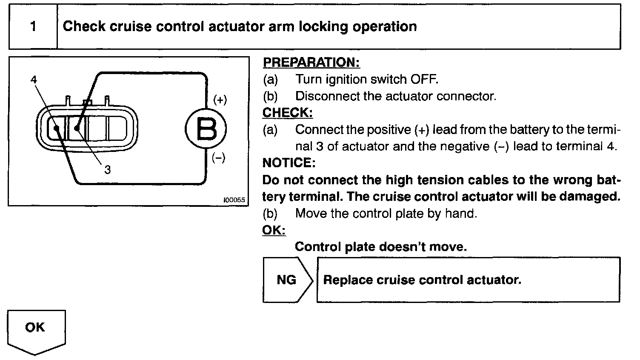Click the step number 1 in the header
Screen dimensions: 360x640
pos(33,27)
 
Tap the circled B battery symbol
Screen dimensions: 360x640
pos(206,129)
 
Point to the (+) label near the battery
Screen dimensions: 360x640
pos(220,100)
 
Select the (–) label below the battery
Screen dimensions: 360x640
pos(218,158)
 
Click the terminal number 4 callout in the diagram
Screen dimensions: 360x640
pos(34,80)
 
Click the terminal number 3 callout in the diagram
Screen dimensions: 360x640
pos(108,170)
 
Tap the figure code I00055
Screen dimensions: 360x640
pos(234,200)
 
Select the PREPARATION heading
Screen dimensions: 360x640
pos(311,63)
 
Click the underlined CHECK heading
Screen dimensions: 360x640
pos(288,113)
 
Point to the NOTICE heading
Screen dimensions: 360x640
pos(289,163)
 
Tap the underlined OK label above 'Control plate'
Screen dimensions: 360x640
pos(274,230)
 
